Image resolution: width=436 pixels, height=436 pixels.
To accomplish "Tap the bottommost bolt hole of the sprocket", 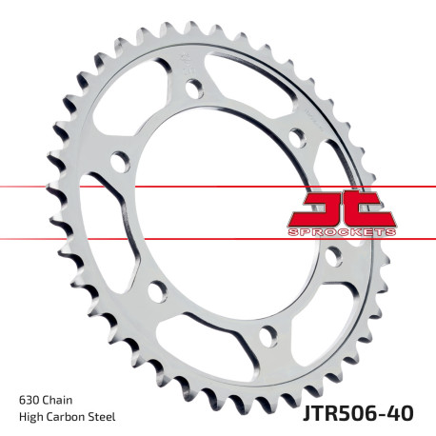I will pyautogui.click(x=267, y=333).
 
